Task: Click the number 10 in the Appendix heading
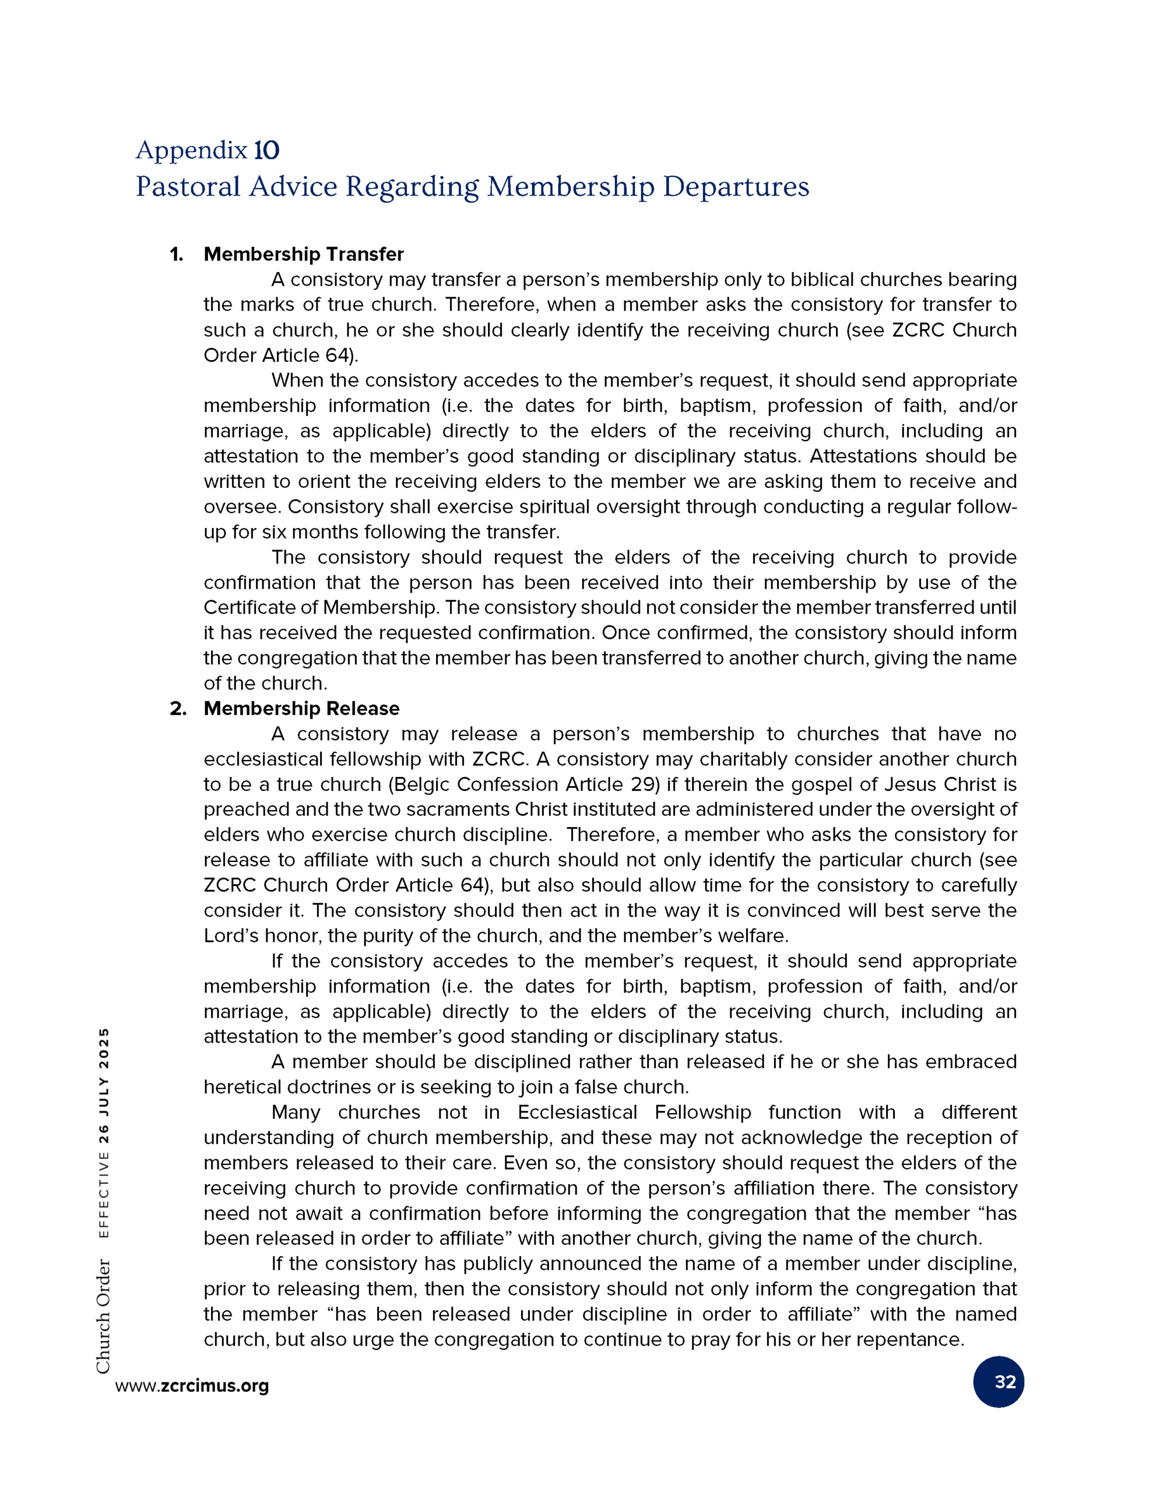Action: [x=266, y=150]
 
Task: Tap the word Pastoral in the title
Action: [x=188, y=186]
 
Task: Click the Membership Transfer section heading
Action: [x=304, y=254]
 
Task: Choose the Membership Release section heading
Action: [x=301, y=709]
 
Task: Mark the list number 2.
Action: [x=178, y=709]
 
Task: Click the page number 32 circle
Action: [x=998, y=1381]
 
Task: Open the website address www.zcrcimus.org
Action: [x=192, y=1385]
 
